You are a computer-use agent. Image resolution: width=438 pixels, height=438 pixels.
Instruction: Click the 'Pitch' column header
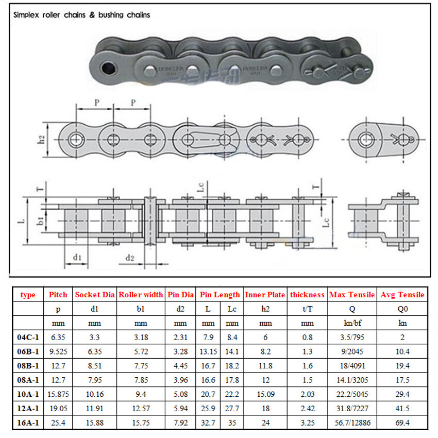tap(58, 295)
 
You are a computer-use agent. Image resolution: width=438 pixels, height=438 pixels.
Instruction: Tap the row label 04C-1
tap(28, 338)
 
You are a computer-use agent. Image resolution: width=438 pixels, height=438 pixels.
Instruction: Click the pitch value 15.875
tap(58, 395)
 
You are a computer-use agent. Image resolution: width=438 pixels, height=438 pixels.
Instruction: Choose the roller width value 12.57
tap(141, 409)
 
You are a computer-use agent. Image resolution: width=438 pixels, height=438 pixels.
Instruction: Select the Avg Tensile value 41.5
tap(402, 409)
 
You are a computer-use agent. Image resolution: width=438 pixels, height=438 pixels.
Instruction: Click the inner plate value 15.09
tap(265, 395)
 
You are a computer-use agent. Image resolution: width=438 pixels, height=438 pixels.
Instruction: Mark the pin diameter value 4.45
tap(180, 366)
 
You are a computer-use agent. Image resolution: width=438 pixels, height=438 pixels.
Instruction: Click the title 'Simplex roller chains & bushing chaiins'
tap(81, 15)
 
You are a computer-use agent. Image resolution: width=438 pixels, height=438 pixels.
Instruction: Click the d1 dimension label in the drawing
tap(77, 256)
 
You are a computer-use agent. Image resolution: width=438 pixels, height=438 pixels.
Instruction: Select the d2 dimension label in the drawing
tap(129, 257)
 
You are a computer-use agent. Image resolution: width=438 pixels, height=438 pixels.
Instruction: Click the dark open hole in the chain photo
tap(108, 68)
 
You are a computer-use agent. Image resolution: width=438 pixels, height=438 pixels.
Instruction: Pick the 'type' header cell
tap(28, 295)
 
